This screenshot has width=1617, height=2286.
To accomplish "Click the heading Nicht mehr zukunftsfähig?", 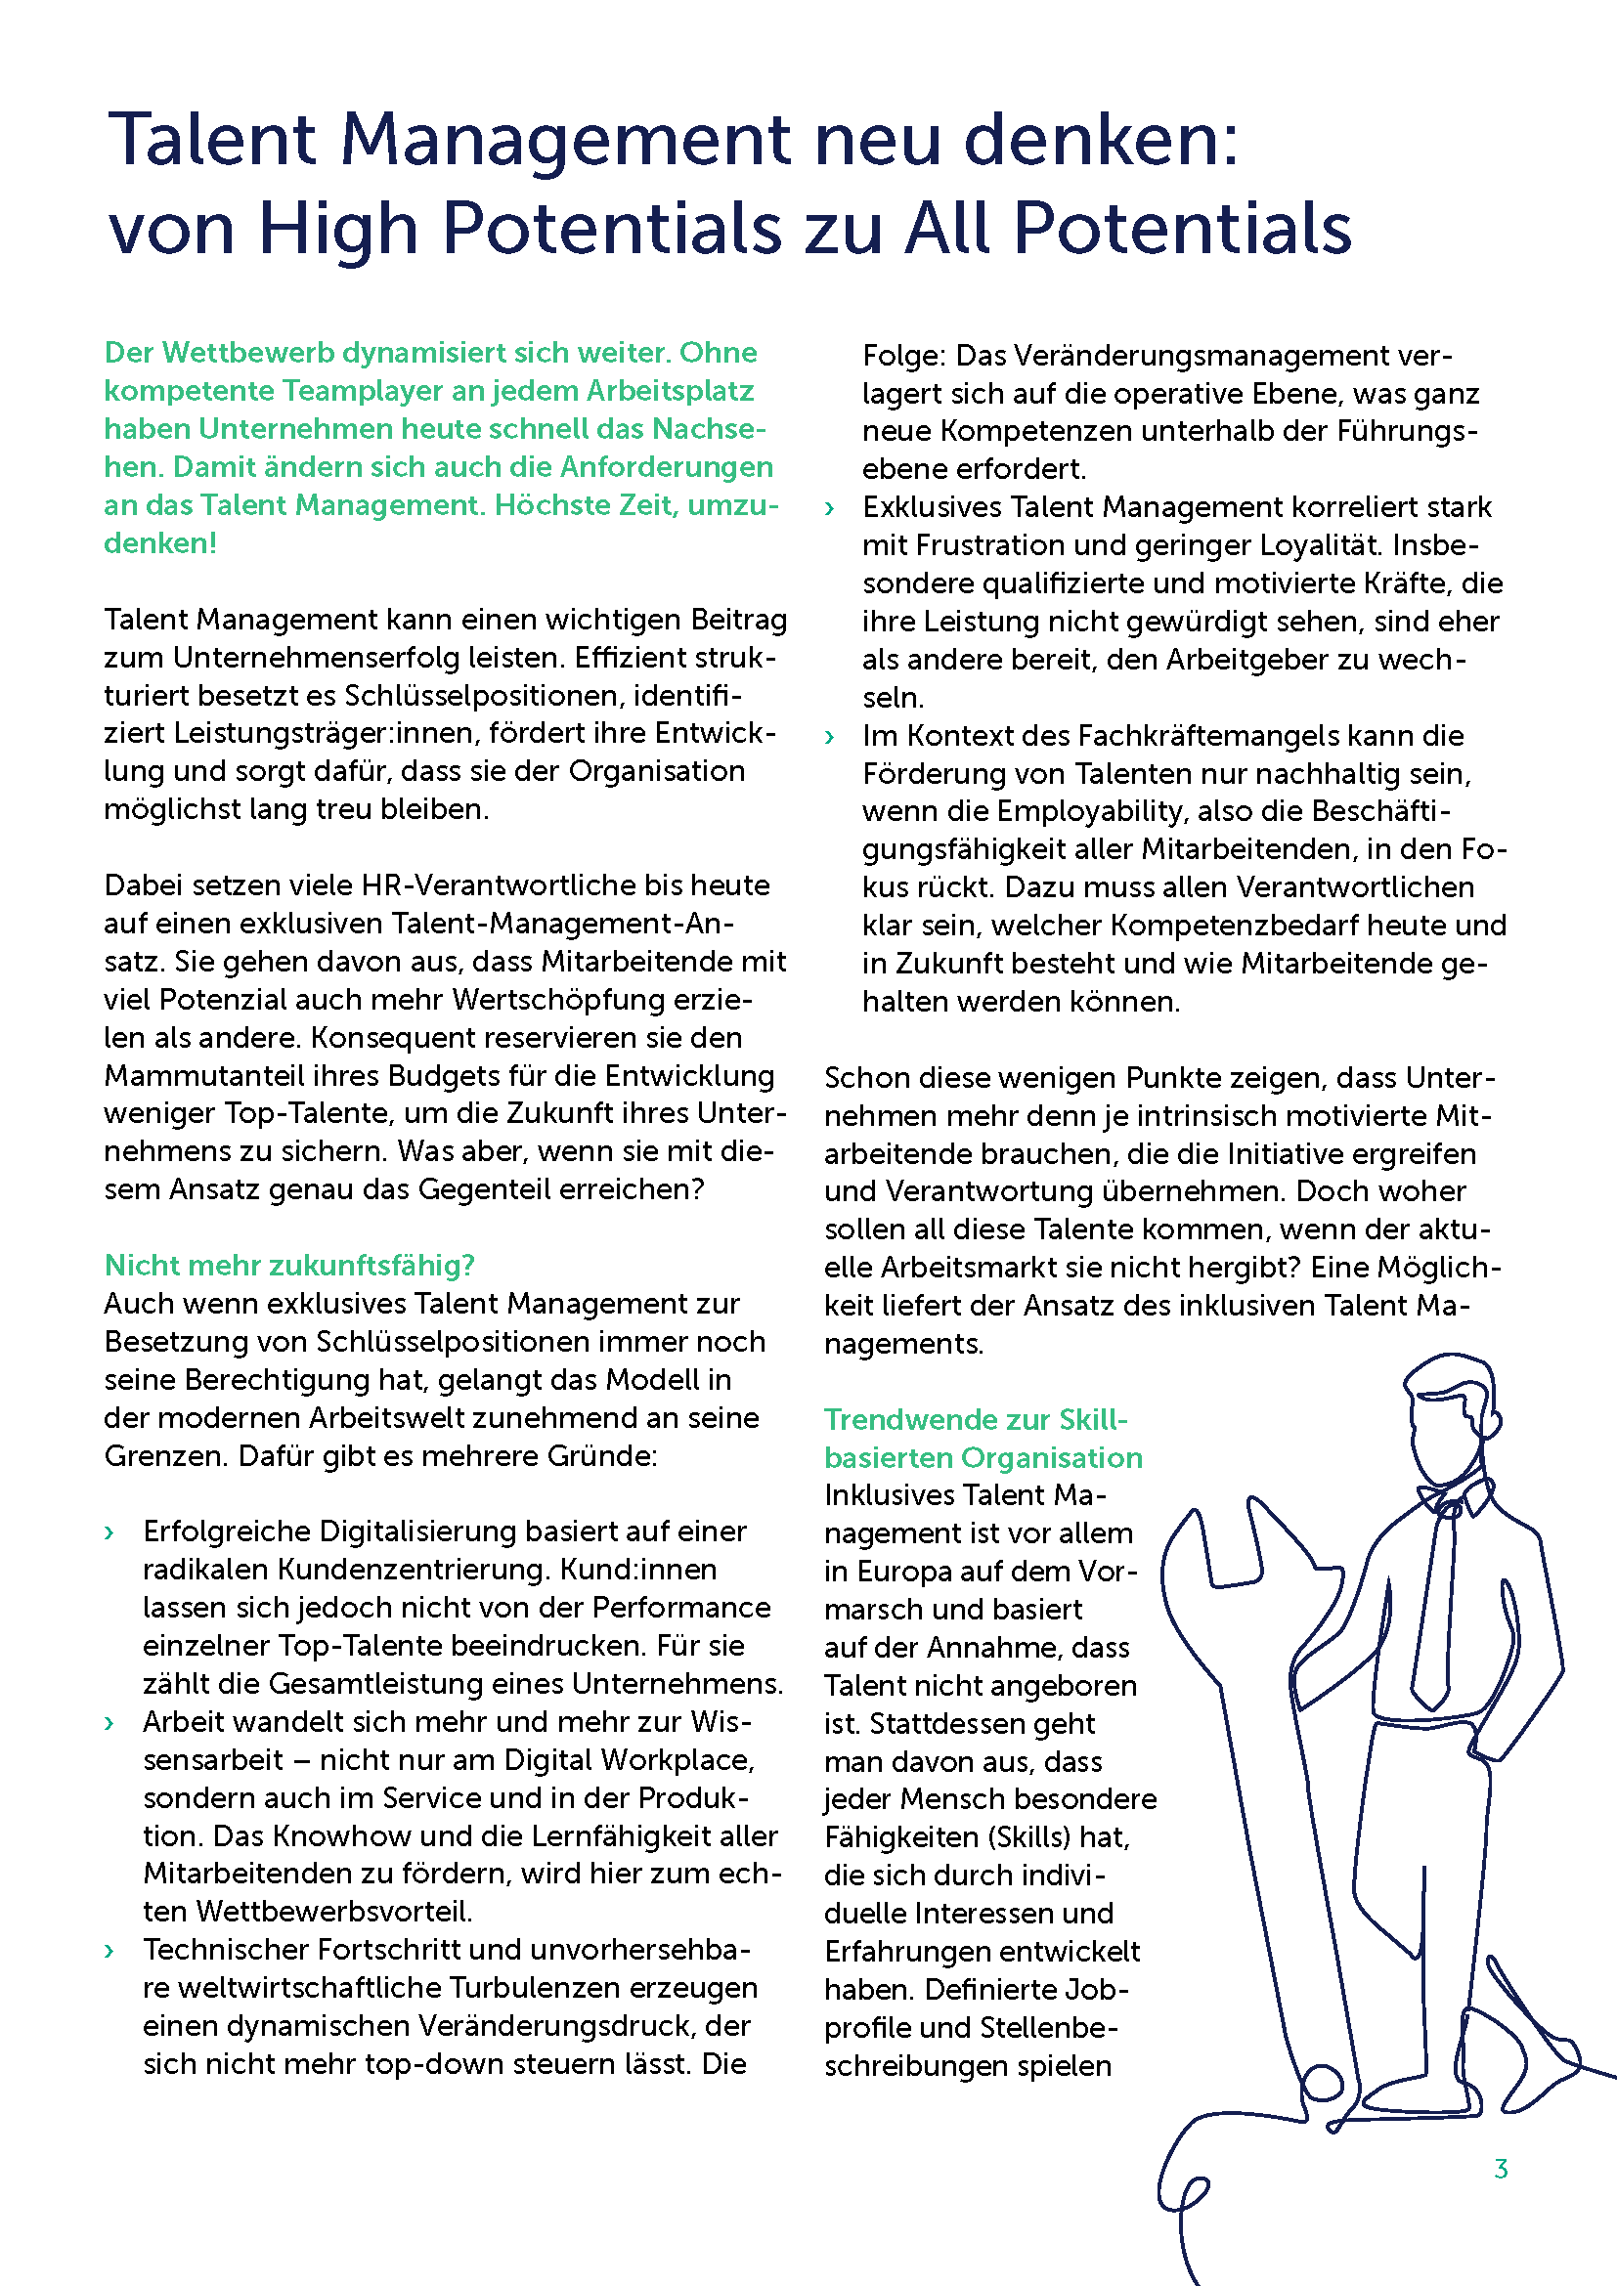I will click(288, 1265).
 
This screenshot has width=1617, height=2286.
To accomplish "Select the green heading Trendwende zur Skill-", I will click(975, 1419).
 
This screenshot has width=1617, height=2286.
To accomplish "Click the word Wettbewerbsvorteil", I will click(333, 1912).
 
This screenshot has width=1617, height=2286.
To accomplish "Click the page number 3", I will click(1501, 2169).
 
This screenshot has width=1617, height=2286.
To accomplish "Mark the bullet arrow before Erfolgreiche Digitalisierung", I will click(109, 1533).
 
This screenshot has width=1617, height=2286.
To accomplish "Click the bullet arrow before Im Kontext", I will click(829, 738).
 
